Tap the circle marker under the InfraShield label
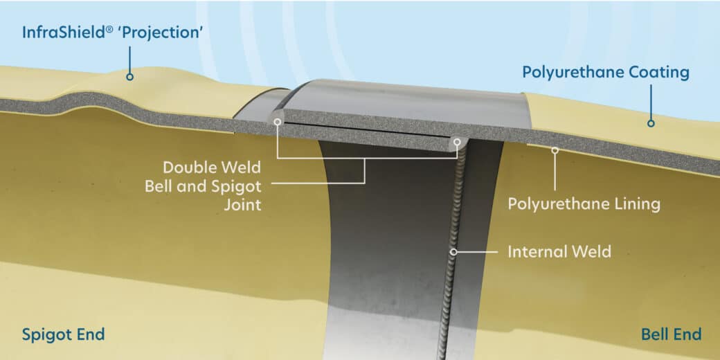click(x=130, y=77)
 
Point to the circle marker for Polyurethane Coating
click(x=651, y=123)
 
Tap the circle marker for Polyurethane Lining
click(x=555, y=150)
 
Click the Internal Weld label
click(x=559, y=251)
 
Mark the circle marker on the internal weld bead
click(x=453, y=251)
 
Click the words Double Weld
click(x=212, y=167)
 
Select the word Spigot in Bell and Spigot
click(x=238, y=187)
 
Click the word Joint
click(x=243, y=204)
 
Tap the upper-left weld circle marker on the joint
click(x=278, y=122)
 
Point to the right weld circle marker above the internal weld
click(x=457, y=142)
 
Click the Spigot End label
click(x=64, y=334)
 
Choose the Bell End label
click(x=672, y=334)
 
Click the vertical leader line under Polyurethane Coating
click(x=651, y=102)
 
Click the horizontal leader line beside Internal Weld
click(x=478, y=251)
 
